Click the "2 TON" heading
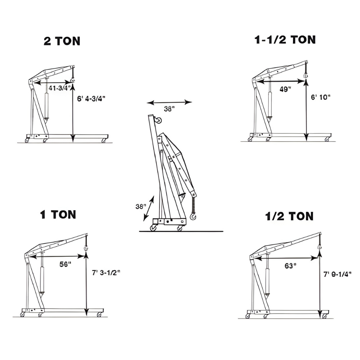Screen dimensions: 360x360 pos(62,41)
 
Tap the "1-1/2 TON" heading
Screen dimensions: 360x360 pos(285,40)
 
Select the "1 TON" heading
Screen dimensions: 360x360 pos(58,215)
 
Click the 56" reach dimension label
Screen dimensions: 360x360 pos(65,263)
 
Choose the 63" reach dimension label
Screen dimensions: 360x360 pos(290,266)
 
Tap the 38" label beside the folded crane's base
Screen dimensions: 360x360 pos(140,207)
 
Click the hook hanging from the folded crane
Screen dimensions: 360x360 pos(193,216)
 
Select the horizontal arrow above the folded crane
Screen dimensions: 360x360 pos(169,102)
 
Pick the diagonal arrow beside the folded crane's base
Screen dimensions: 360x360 pos(149,208)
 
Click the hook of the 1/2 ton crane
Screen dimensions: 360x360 pos(319,247)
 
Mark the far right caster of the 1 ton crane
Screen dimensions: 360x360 pos(99,315)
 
